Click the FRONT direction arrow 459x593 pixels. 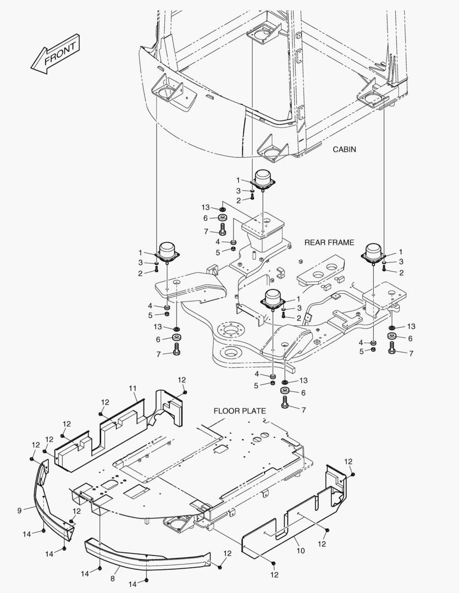click(x=56, y=55)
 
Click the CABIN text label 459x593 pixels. click(x=345, y=149)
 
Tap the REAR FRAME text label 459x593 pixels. click(x=329, y=242)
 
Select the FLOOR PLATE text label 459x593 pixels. click(x=240, y=411)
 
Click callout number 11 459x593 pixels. click(x=132, y=388)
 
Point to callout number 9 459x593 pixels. click(x=19, y=511)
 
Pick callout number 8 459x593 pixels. click(x=113, y=578)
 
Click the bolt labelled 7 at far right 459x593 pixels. click(x=392, y=348)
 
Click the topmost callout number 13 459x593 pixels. click(x=206, y=208)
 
